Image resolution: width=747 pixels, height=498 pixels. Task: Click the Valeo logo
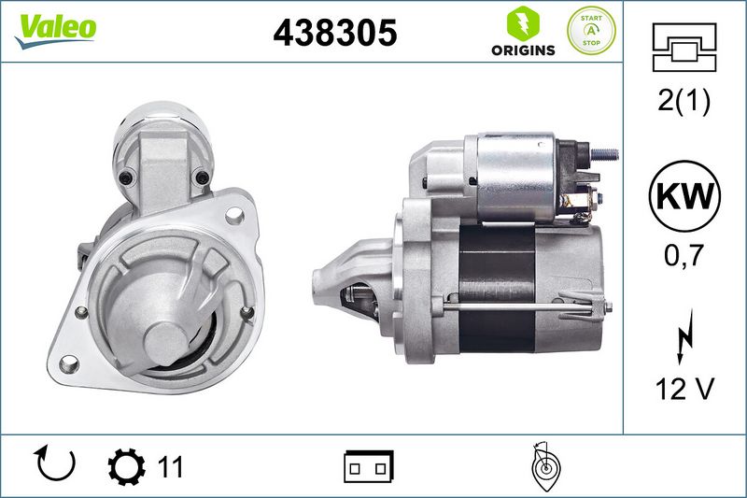[55, 30]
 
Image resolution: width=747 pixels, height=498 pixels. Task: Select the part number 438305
[335, 33]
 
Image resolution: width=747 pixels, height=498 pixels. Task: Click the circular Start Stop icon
[591, 31]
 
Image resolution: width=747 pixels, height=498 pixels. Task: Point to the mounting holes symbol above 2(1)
[684, 47]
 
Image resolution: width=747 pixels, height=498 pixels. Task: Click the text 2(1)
[684, 100]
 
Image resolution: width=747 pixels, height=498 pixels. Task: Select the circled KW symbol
[684, 196]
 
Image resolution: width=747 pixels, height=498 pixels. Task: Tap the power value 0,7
[684, 255]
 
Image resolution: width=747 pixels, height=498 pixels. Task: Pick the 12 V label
[684, 389]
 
